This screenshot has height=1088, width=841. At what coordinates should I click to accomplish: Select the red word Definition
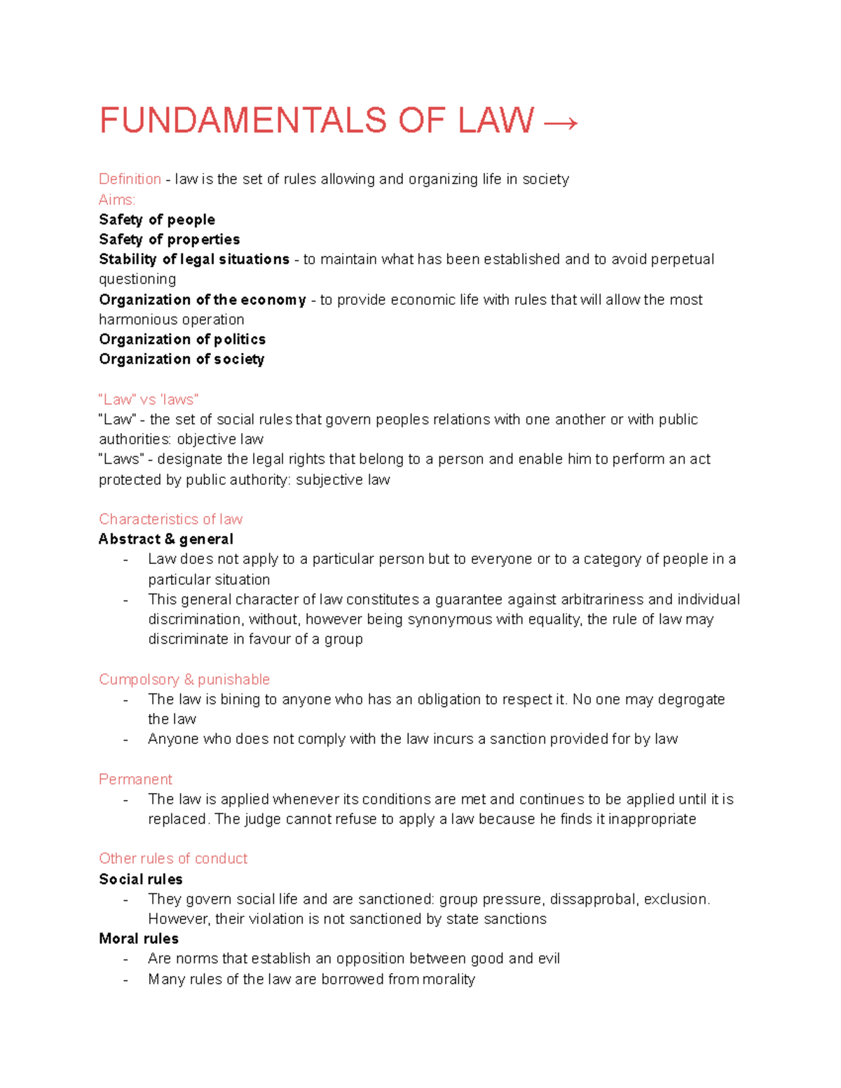click(x=130, y=179)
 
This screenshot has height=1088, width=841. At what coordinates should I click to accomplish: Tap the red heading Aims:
click(x=117, y=200)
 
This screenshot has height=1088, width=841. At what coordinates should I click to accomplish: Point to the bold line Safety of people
click(x=157, y=220)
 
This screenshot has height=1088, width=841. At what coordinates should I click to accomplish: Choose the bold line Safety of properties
click(x=170, y=240)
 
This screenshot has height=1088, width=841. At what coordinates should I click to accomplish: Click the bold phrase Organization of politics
click(x=182, y=340)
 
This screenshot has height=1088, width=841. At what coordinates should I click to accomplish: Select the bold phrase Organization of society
click(x=182, y=359)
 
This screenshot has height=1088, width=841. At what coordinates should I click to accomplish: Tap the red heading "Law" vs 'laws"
click(x=149, y=400)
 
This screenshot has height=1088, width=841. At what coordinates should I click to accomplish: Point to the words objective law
click(x=220, y=439)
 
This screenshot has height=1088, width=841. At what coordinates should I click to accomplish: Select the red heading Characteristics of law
click(x=170, y=519)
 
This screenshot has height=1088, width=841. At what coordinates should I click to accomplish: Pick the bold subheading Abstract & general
click(x=166, y=539)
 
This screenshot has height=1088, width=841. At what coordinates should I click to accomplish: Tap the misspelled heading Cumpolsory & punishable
click(x=184, y=680)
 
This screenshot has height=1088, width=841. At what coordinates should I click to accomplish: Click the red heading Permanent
click(x=135, y=780)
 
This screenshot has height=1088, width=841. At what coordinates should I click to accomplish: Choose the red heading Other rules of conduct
click(x=173, y=859)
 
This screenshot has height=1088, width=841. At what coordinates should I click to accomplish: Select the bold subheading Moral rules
click(x=139, y=939)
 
